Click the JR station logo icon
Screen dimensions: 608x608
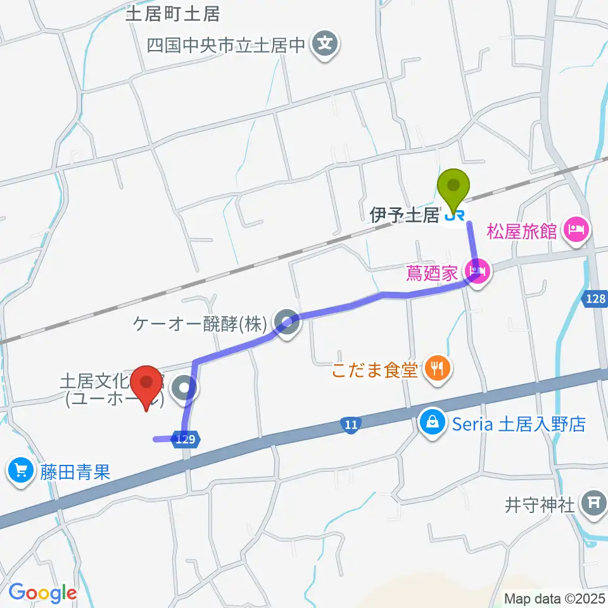[454, 217]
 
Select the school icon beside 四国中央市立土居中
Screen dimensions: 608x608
[326, 44]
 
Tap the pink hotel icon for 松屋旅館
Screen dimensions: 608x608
[577, 229]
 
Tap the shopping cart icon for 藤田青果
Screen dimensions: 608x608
[21, 471]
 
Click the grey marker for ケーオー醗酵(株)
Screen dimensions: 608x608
[287, 324]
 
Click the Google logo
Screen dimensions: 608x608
[42, 593]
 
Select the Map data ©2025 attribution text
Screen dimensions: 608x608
[555, 598]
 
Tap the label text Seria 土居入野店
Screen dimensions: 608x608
[517, 424]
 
